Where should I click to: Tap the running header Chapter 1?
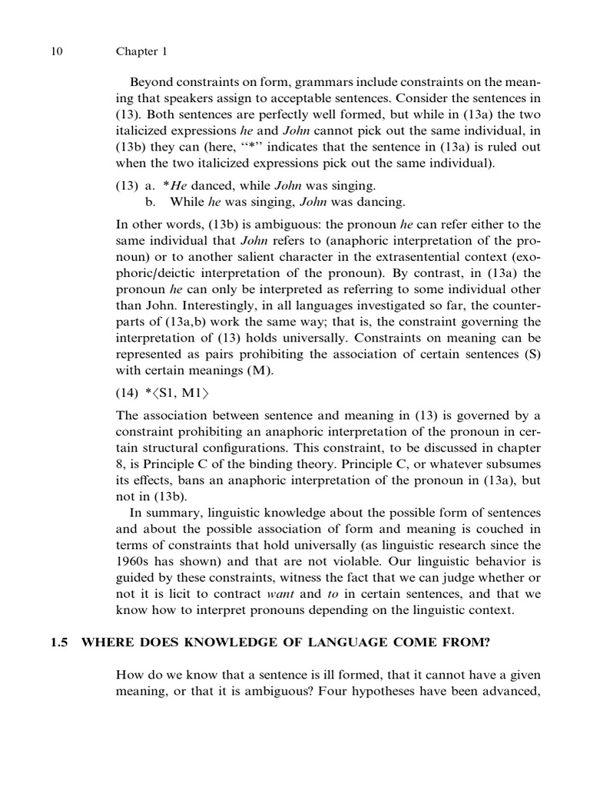coord(141,52)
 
